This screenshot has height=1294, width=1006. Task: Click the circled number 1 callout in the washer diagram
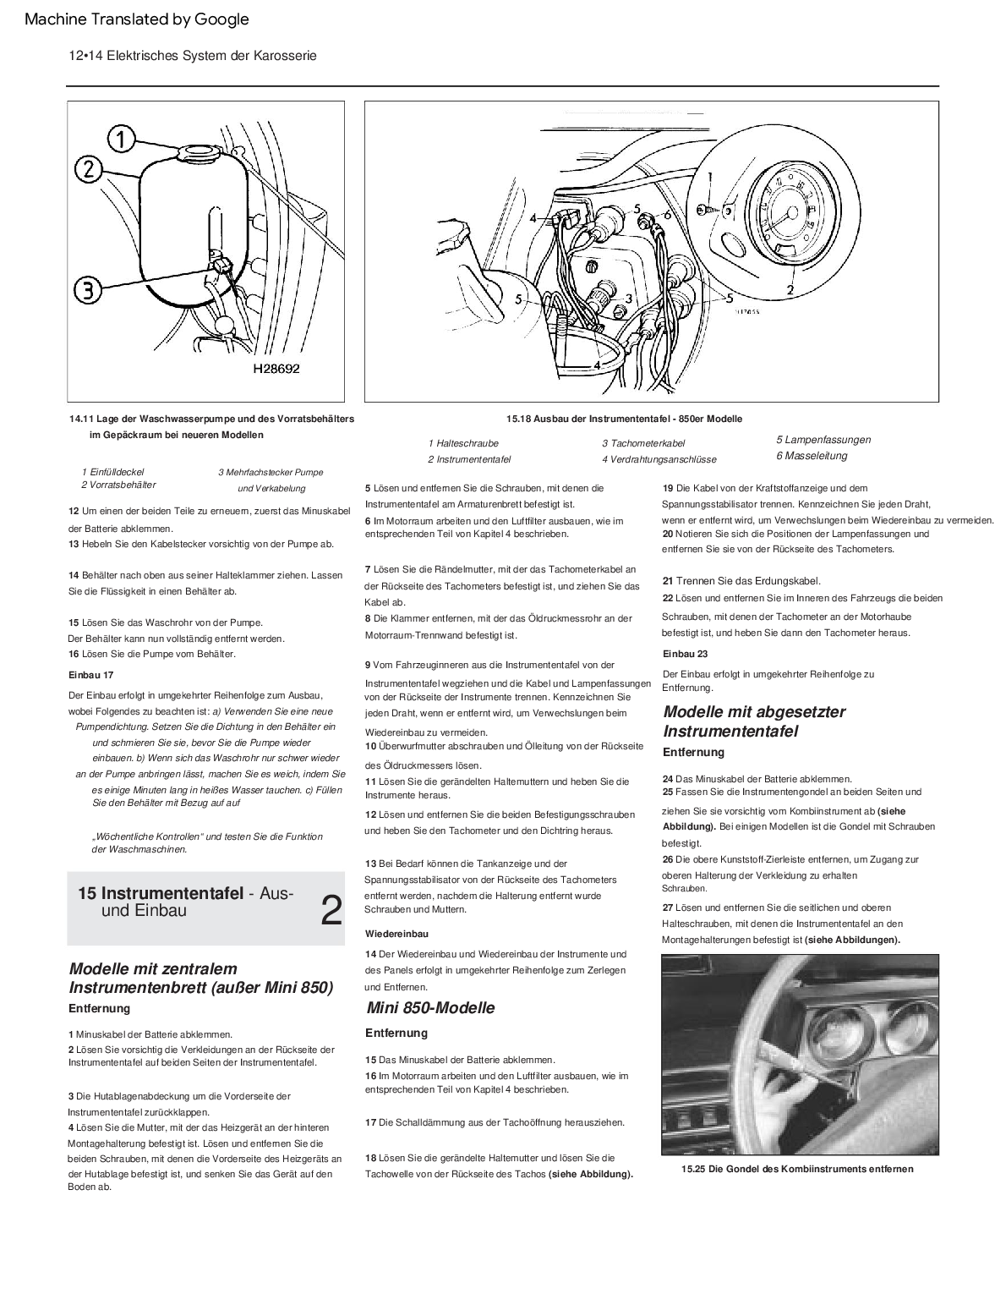pyautogui.click(x=122, y=140)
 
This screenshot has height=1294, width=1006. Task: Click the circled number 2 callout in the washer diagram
pyautogui.click(x=90, y=169)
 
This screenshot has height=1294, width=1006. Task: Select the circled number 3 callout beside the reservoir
pyautogui.click(x=87, y=290)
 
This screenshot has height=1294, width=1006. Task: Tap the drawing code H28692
pyautogui.click(x=276, y=369)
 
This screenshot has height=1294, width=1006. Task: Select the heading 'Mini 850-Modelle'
pyautogui.click(x=430, y=1007)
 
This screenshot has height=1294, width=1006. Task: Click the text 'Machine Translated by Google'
pyautogui.click(x=137, y=19)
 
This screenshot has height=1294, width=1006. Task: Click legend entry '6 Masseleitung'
pyautogui.click(x=812, y=456)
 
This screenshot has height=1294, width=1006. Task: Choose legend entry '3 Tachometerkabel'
pyautogui.click(x=643, y=443)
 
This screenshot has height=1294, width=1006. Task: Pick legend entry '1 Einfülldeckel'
pyautogui.click(x=112, y=472)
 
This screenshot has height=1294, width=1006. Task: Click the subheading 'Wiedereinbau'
pyautogui.click(x=396, y=934)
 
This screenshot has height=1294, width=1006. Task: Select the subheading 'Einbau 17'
pyautogui.click(x=90, y=675)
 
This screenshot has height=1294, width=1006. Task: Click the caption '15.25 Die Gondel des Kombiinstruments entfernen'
pyautogui.click(x=797, y=1169)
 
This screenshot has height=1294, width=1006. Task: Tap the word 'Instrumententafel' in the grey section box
pyautogui.click(x=172, y=894)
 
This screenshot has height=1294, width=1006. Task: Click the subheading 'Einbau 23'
pyautogui.click(x=685, y=654)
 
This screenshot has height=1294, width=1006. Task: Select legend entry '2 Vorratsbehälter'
pyautogui.click(x=118, y=485)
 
